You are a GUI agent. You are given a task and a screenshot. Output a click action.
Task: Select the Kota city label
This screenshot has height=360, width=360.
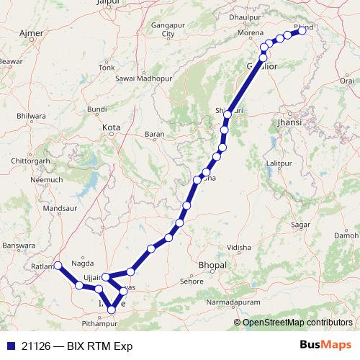pos(111,127)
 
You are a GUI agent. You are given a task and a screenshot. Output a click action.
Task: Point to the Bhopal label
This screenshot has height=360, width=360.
pos(212,265)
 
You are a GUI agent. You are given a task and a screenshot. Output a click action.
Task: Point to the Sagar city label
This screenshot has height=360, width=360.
pos(300,225)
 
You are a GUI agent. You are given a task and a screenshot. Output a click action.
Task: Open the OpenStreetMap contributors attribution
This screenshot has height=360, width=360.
pos(297,322)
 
